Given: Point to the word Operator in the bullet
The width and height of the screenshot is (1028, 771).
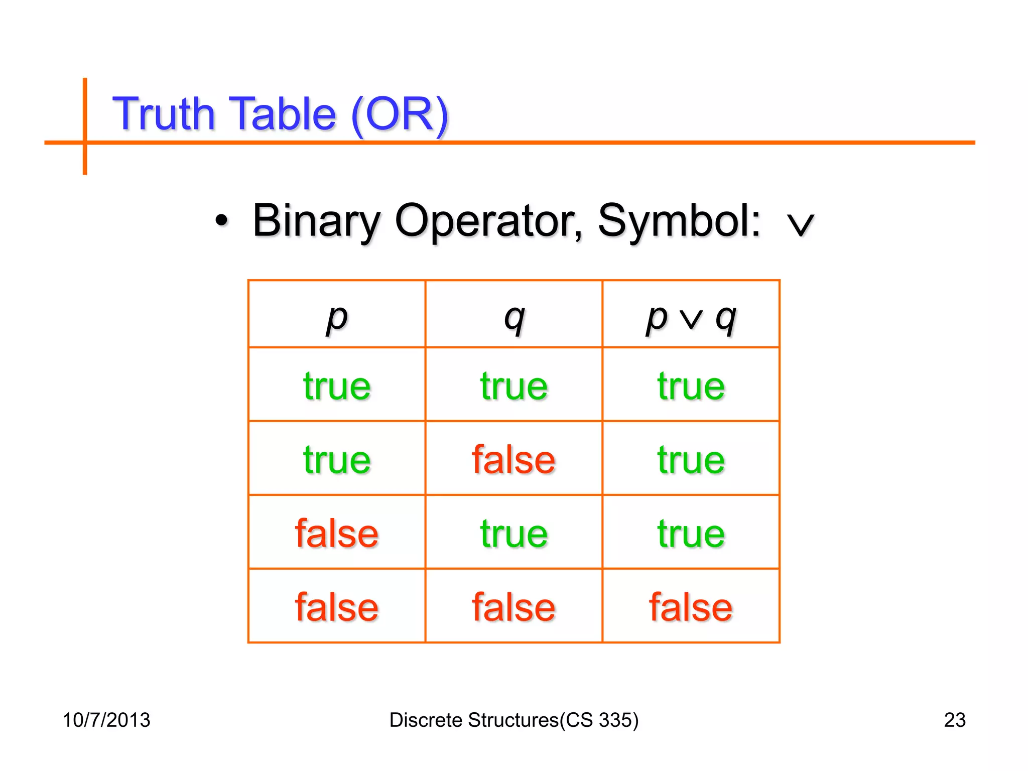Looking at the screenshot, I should coord(488,221).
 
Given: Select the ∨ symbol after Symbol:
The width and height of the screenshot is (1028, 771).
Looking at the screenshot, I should coord(800,224).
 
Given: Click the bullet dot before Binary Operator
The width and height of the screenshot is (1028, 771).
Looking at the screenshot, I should coord(221,220).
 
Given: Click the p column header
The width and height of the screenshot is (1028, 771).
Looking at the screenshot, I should coord(337,318).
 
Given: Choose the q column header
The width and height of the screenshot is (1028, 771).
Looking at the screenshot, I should coord(514,318).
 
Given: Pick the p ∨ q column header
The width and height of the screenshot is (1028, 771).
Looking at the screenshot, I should coord(691,318).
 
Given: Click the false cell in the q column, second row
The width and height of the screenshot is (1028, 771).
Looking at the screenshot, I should coord(513,460).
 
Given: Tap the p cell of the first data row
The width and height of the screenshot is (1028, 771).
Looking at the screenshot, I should coord(337,386).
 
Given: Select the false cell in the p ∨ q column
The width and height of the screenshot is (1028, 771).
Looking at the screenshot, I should coord(691,607).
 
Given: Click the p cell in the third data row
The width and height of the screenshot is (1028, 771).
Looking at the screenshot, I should coord(337,534).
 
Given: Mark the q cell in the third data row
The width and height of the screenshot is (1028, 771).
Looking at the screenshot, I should coord(513,534).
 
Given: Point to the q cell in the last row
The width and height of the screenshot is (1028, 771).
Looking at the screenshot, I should coord(513,607).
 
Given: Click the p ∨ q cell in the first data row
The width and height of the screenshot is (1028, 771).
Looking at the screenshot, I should coord(691,386).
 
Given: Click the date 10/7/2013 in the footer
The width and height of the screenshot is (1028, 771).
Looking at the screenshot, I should coord(106,720).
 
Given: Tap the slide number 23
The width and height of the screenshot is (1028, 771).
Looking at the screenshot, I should coord(955,720).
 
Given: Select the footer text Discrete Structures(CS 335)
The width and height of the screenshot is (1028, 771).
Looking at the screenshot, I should coord(514,720).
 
